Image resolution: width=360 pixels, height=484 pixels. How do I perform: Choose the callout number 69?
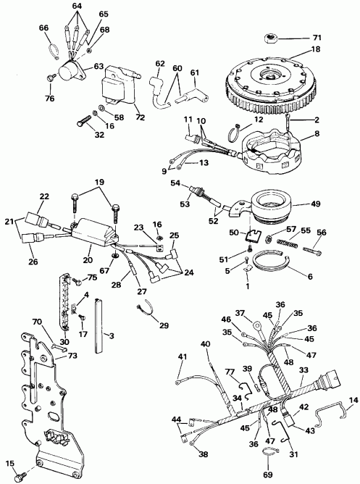(x=268, y=475)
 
